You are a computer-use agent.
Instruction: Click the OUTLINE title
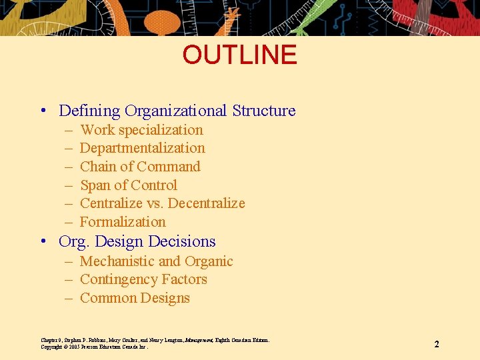tap(239, 55)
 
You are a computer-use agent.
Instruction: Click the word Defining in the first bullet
tap(89, 111)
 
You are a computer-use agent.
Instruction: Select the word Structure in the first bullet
tap(264, 111)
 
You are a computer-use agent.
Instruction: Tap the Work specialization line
tap(141, 130)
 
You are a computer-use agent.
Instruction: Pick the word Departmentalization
tap(142, 148)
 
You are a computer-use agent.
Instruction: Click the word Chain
tap(97, 167)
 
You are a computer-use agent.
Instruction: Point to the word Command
tap(169, 167)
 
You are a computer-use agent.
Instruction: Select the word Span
tap(95, 185)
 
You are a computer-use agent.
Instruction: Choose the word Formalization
tap(123, 222)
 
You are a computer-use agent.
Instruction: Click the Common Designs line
tap(135, 298)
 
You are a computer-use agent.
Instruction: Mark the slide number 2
tap(437, 345)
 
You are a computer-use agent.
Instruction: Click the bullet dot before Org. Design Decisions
tap(43, 241)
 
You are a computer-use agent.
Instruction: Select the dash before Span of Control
tap(69, 185)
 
